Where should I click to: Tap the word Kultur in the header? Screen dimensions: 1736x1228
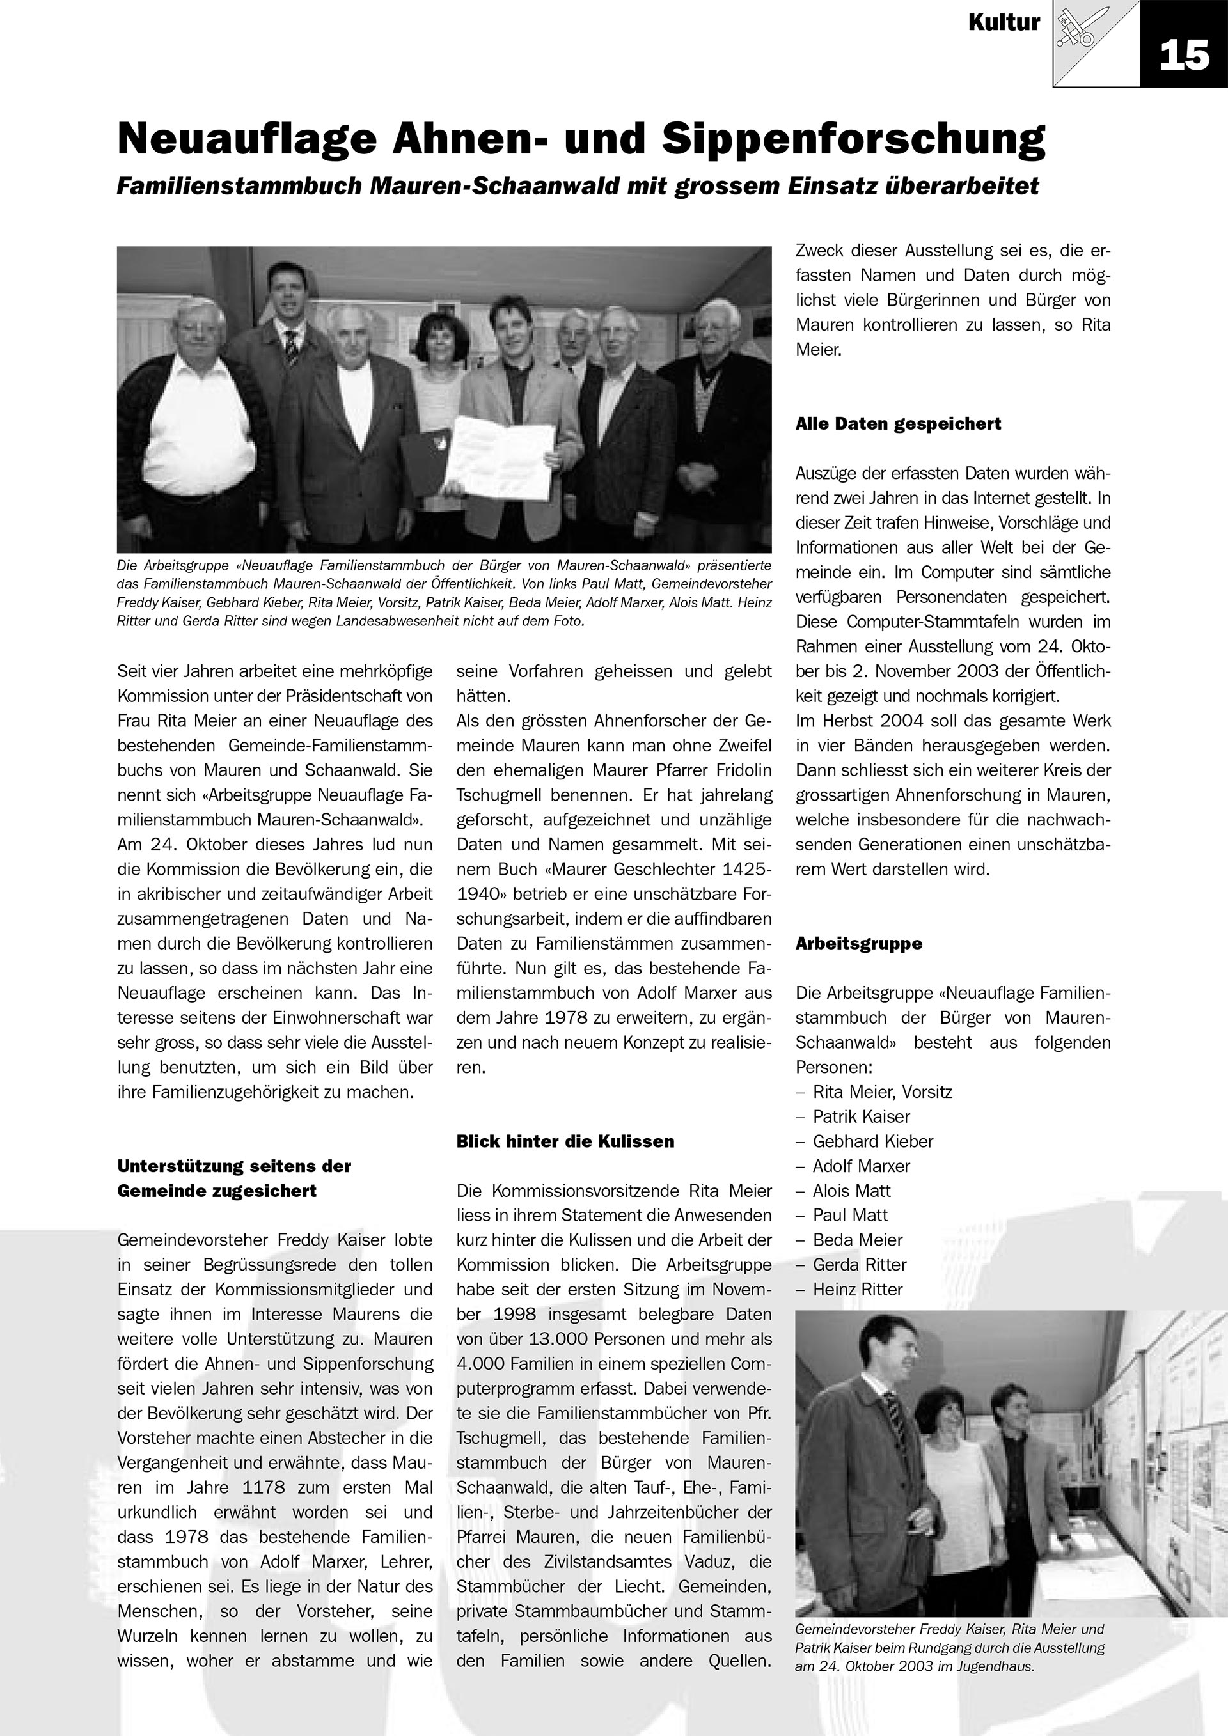pos(1004,24)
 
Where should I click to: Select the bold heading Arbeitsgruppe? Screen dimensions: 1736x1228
pos(858,944)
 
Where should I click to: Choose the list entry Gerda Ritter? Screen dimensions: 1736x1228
pos(859,1264)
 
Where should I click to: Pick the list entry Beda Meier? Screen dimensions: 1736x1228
pos(858,1240)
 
